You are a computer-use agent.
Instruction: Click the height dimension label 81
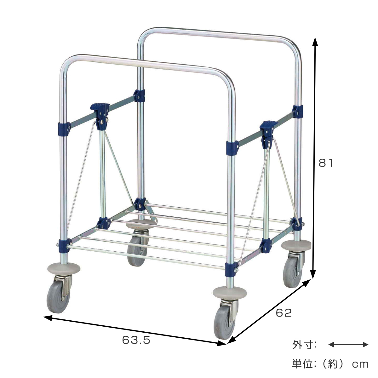(326, 163)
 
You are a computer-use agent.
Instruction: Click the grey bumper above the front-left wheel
(64, 270)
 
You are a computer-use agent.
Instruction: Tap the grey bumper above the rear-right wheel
(296, 245)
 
